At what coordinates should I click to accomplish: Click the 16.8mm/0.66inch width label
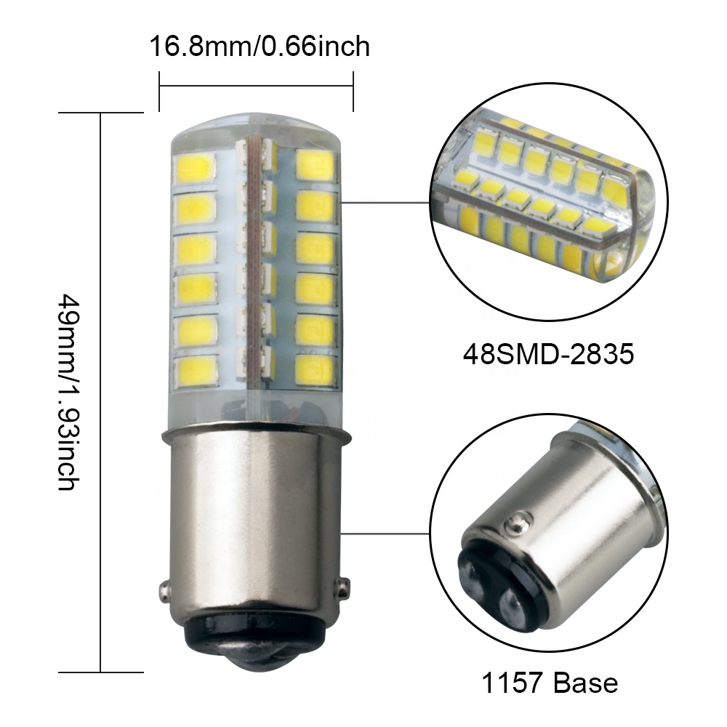260,47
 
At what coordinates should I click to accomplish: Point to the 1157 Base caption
549,683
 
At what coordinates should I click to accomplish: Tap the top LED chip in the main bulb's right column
316,168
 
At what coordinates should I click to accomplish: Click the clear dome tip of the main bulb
254,125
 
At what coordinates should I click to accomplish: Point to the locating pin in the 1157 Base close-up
517,521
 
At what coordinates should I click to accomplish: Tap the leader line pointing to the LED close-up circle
385,203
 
